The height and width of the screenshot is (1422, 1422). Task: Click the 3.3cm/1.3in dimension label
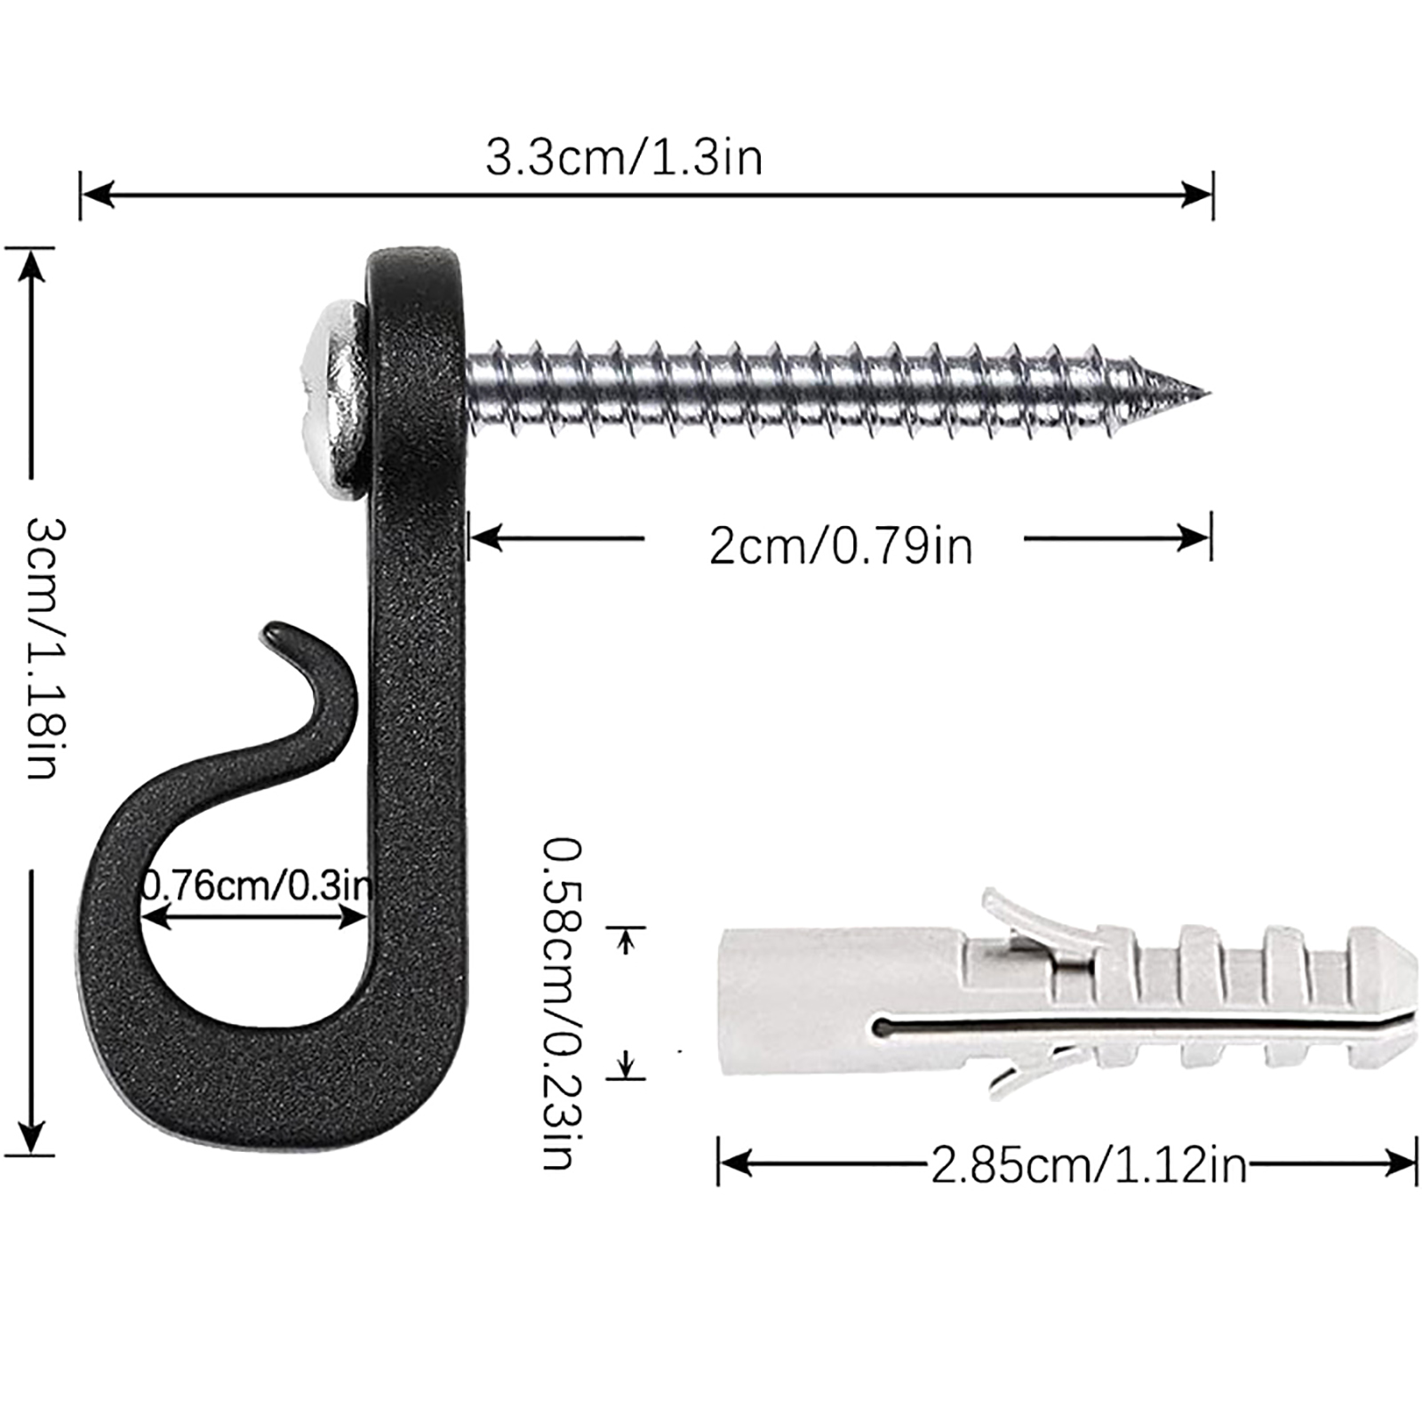(624, 158)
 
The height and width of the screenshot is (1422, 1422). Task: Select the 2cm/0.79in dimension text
(841, 545)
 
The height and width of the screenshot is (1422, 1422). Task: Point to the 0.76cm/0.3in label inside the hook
(258, 885)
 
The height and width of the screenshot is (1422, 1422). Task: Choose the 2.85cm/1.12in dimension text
(1089, 1165)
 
